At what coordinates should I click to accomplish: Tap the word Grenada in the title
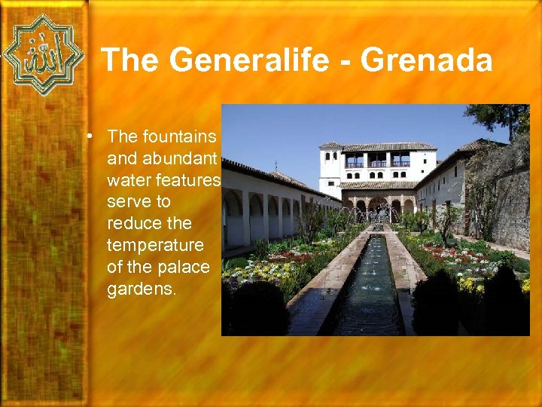(x=427, y=60)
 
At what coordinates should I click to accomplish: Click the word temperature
(x=155, y=246)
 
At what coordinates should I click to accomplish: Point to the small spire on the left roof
(x=276, y=165)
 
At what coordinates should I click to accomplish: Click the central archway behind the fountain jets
(x=378, y=207)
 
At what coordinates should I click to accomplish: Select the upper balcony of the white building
(x=377, y=161)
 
